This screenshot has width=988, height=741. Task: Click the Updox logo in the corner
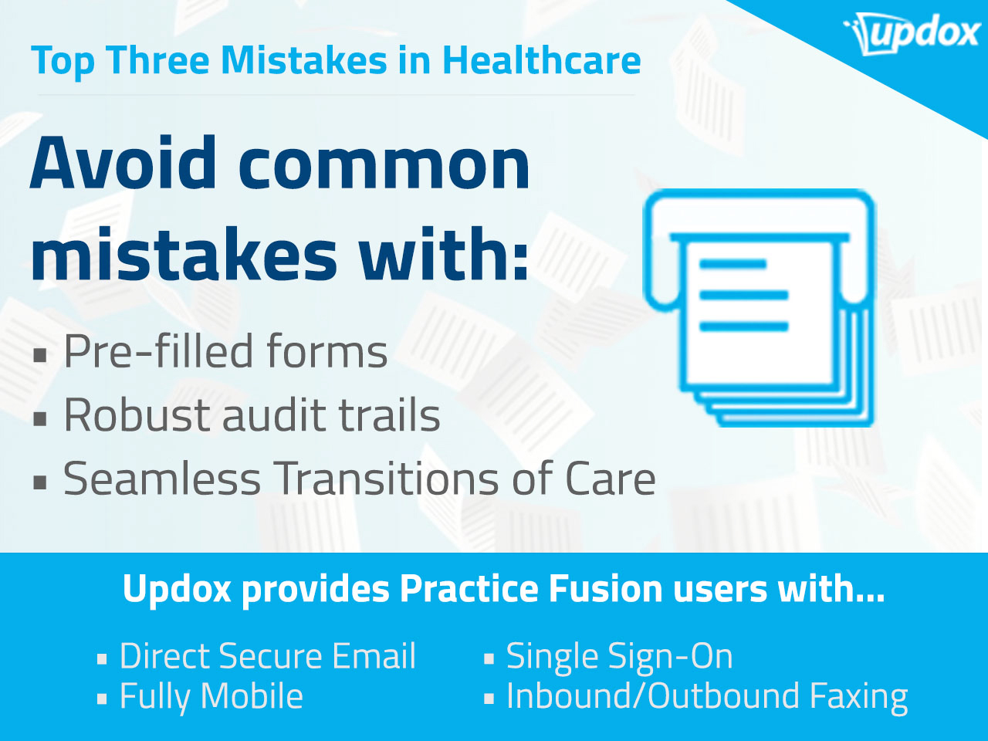(911, 34)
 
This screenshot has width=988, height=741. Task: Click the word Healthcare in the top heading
(542, 60)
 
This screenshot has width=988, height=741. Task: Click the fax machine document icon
(759, 308)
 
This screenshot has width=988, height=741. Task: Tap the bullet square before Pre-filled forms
(40, 355)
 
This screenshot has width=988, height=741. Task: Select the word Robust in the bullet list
(137, 415)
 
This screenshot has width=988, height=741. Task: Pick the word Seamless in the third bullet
(161, 479)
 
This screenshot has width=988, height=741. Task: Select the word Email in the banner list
(374, 656)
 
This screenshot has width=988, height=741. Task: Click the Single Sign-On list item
(619, 657)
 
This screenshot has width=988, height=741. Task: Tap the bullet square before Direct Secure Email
(102, 659)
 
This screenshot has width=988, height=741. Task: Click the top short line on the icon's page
(733, 264)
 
